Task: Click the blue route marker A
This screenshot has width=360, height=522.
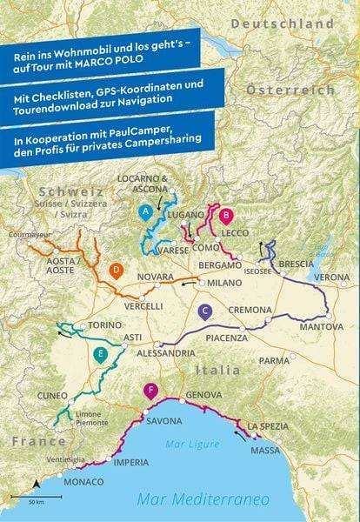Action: click(146, 211)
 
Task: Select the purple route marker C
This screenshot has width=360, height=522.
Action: click(204, 311)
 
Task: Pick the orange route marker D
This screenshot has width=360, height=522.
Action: click(115, 270)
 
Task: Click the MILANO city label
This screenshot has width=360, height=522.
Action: click(224, 284)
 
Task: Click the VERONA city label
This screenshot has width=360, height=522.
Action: click(330, 277)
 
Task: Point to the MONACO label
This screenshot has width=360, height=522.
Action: click(84, 481)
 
